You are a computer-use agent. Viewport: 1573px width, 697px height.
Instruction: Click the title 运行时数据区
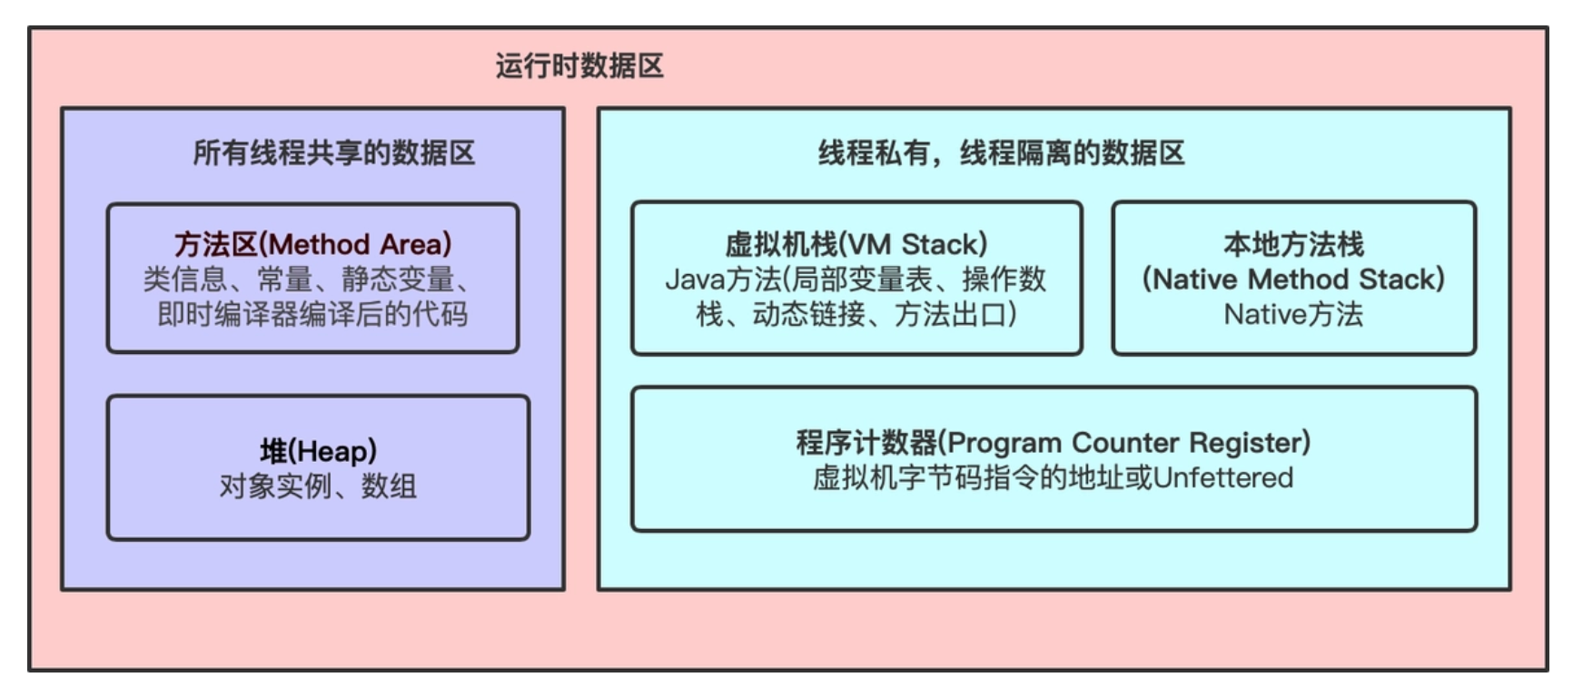[579, 66]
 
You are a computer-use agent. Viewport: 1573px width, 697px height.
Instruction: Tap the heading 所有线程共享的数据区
[333, 152]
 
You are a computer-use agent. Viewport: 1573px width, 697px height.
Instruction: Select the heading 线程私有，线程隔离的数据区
[1001, 152]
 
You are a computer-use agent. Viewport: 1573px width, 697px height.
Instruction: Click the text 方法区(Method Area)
[312, 243]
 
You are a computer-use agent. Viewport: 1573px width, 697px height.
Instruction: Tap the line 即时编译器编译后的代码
[312, 314]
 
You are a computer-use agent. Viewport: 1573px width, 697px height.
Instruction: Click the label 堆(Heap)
[318, 451]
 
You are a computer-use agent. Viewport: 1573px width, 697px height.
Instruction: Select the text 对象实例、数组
[318, 486]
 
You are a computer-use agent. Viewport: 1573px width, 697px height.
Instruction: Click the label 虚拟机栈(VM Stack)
[856, 243]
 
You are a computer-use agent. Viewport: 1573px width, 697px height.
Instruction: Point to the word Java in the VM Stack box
[694, 279]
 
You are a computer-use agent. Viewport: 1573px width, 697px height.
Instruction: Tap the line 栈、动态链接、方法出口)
[856, 314]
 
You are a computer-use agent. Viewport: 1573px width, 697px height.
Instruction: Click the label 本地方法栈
[1293, 243]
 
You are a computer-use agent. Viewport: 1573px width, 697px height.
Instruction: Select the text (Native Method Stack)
[1293, 279]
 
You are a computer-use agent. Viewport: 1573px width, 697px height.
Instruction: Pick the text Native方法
[1293, 314]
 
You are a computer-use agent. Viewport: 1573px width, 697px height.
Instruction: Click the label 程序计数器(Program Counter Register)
[1054, 442]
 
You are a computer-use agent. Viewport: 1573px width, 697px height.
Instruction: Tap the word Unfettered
[1222, 477]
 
